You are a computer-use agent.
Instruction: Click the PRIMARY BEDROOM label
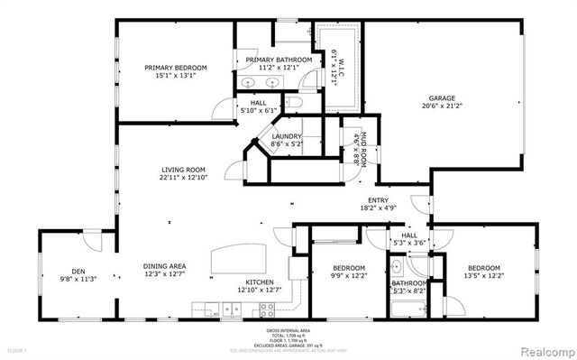pyautogui.click(x=177, y=68)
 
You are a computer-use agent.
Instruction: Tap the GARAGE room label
pyautogui.click(x=442, y=98)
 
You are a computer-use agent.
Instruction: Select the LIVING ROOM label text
pyautogui.click(x=184, y=170)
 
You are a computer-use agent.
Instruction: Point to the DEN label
pyautogui.click(x=78, y=271)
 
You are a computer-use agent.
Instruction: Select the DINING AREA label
pyautogui.click(x=164, y=266)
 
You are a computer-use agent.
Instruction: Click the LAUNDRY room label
pyautogui.click(x=286, y=137)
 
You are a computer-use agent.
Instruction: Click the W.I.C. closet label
pyautogui.click(x=341, y=66)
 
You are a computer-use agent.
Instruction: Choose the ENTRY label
pyautogui.click(x=378, y=200)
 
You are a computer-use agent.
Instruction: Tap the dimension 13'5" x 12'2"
pyautogui.click(x=483, y=276)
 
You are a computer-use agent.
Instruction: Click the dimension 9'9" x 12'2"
pyautogui.click(x=348, y=276)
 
